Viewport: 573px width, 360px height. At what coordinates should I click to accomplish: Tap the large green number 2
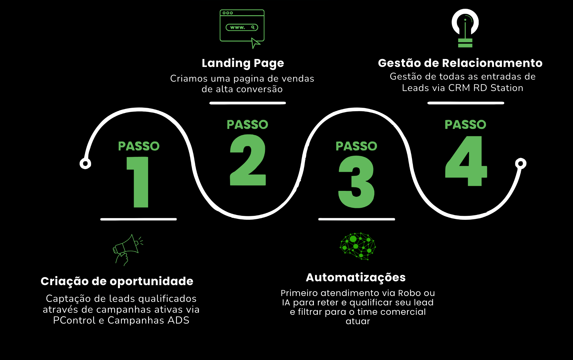(x=248, y=160)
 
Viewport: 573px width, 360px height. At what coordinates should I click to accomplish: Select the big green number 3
(x=356, y=182)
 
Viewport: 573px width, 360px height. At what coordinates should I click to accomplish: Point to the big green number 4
(x=466, y=161)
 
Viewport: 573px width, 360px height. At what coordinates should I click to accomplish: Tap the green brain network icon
(x=358, y=246)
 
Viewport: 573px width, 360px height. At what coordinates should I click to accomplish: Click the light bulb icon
(x=465, y=28)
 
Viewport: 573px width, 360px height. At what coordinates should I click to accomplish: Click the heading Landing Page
(x=243, y=63)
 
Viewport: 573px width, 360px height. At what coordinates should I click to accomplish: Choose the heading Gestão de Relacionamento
(x=460, y=63)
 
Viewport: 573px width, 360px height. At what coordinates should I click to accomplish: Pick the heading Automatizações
(x=356, y=277)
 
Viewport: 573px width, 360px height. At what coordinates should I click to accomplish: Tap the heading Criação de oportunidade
(x=117, y=281)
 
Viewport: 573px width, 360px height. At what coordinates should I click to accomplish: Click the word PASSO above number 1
(x=139, y=146)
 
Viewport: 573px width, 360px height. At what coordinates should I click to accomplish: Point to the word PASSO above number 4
(x=465, y=125)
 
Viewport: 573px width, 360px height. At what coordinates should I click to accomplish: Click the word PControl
(x=74, y=320)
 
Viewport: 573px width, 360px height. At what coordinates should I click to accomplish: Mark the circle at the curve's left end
(x=85, y=164)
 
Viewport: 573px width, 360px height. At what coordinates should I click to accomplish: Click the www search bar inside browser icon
(x=242, y=27)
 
